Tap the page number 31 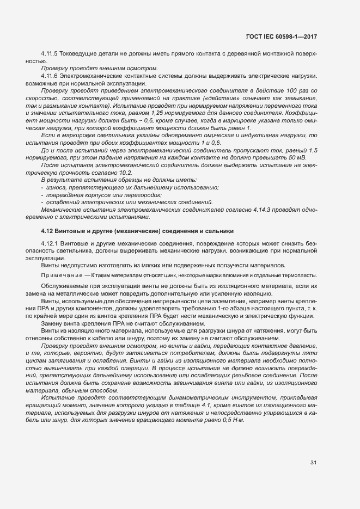[x=313, y=463]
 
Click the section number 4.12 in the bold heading [x=46, y=231]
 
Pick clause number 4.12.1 [x=51, y=243]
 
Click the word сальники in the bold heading [x=219, y=231]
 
